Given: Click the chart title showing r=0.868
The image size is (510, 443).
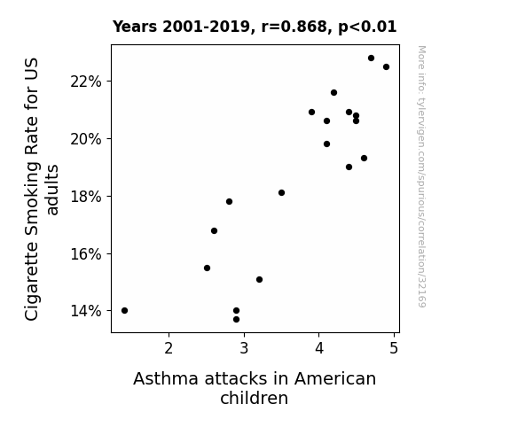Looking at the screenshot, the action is coord(255,27).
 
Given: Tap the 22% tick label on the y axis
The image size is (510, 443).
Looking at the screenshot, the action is coord(86,82).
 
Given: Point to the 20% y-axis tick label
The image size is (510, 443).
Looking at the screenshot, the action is coord(86,139).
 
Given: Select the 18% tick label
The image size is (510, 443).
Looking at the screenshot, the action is coord(86,197).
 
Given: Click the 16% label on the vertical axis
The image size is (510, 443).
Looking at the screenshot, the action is coord(86,254).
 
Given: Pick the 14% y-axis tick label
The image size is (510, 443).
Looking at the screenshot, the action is coord(86,311).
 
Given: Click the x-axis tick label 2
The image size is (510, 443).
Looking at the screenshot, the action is coord(169,348).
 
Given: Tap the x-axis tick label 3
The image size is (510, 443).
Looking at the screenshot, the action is coord(244,348).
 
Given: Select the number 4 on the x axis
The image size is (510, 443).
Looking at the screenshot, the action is coord(319,348).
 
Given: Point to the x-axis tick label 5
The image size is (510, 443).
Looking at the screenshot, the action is coord(394,348).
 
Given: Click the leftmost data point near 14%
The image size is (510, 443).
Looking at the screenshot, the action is coord(124,310).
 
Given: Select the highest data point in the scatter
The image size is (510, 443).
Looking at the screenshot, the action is coord(371,58).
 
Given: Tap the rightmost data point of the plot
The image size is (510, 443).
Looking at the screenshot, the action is coord(386,67).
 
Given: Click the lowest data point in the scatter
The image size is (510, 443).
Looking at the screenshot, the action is coord(237,320).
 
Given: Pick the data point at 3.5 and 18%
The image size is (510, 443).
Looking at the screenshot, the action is coord(282,193).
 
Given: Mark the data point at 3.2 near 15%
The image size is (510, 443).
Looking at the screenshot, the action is coord(259,279).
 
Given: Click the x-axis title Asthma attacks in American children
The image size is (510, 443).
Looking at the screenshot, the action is coord(255,388).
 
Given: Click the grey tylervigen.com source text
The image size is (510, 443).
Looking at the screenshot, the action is coord(421,176).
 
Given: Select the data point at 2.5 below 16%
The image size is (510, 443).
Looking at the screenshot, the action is coord(207,268).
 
